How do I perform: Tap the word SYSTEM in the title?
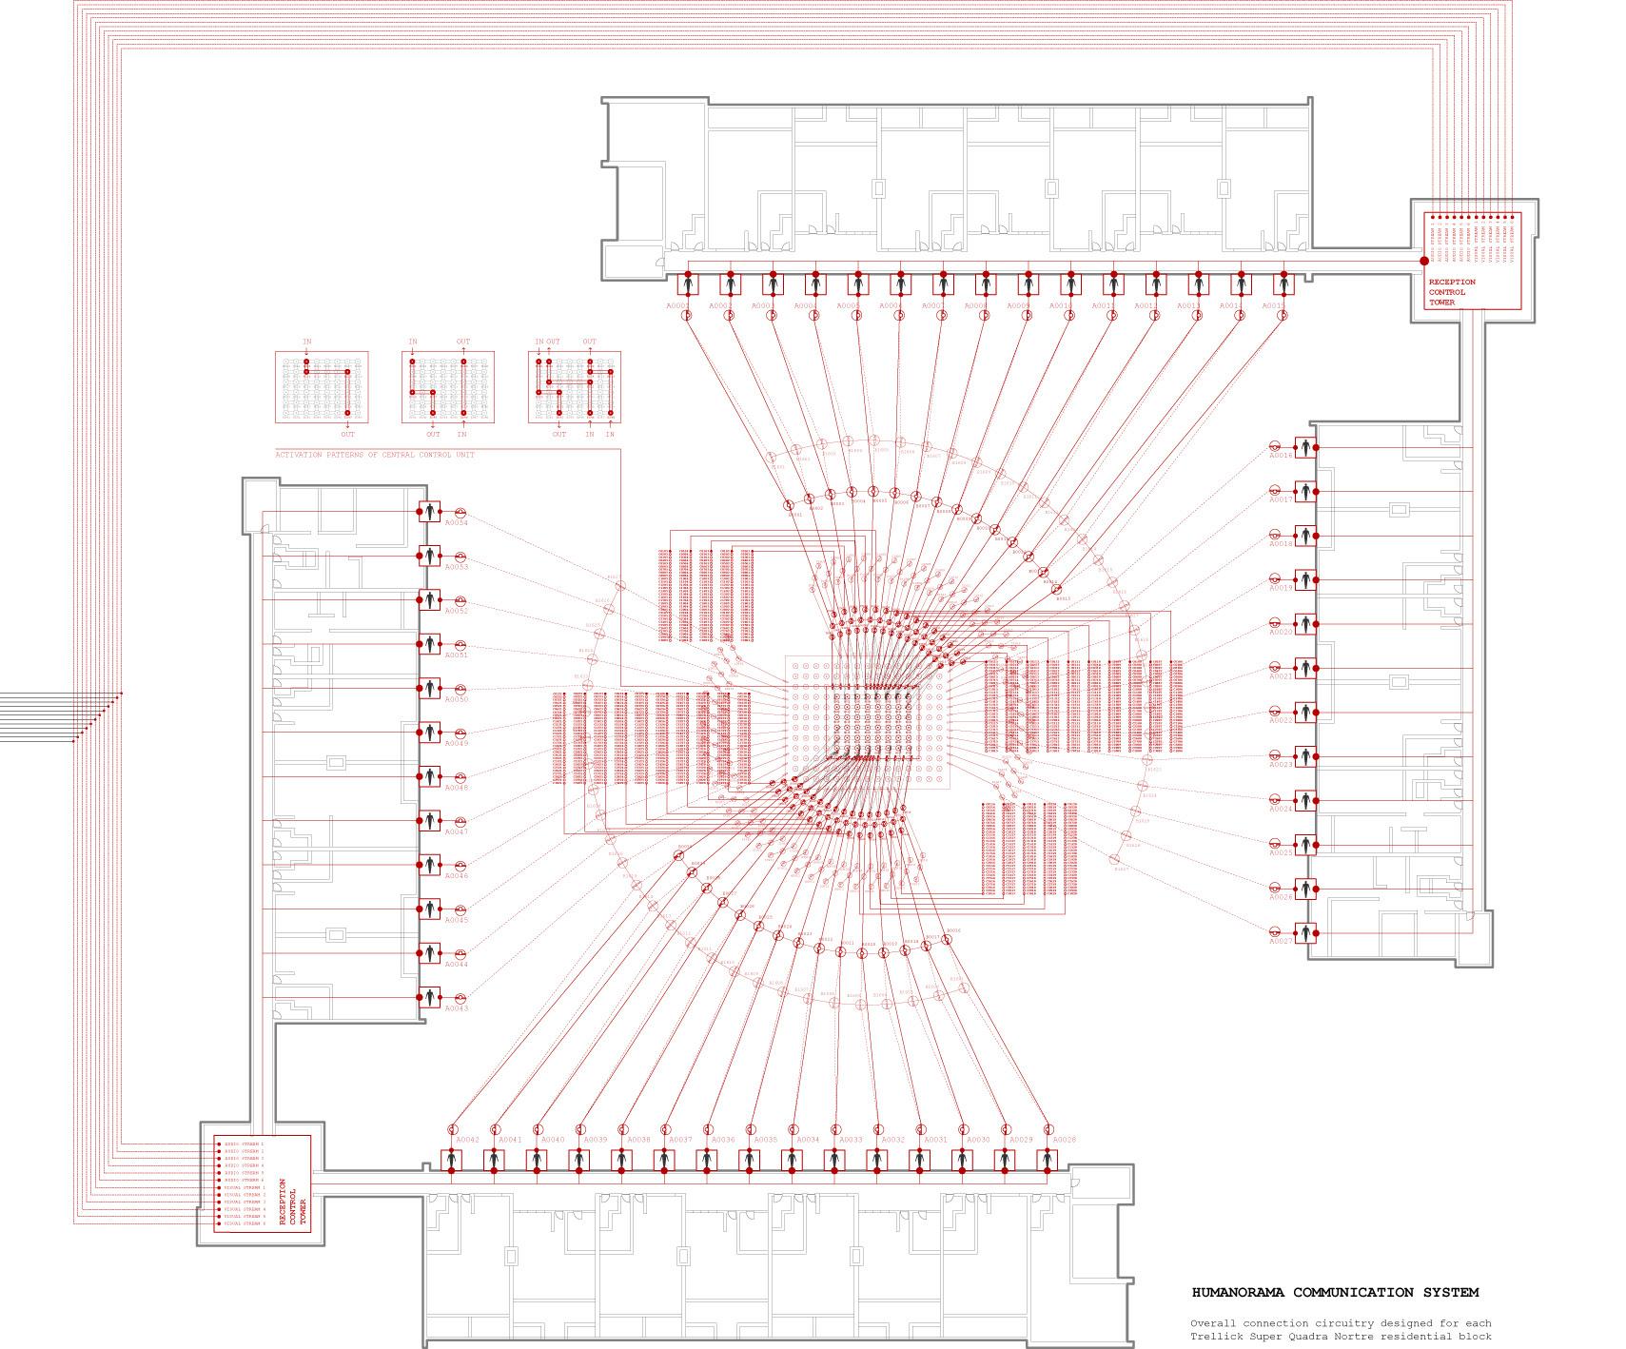pyautogui.click(x=1451, y=1292)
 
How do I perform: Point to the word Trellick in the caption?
pyautogui.click(x=1214, y=1336)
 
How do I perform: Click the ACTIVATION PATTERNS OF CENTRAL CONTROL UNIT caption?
pyautogui.click(x=375, y=455)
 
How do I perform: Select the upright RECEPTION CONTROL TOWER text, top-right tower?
pyautogui.click(x=1452, y=292)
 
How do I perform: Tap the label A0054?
pyautogui.click(x=457, y=523)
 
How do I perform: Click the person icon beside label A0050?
pyautogui.click(x=430, y=688)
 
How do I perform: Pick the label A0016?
pyautogui.click(x=1281, y=456)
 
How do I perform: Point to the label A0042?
pyautogui.click(x=467, y=1140)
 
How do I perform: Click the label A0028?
pyautogui.click(x=1065, y=1140)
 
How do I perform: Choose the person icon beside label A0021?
pyautogui.click(x=1307, y=668)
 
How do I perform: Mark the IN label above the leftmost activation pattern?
pyautogui.click(x=306, y=342)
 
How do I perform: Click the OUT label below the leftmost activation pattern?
pyautogui.click(x=348, y=434)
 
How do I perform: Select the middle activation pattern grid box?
pyautogui.click(x=447, y=387)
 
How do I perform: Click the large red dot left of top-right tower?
pyautogui.click(x=1424, y=261)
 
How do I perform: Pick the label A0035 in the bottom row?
pyautogui.click(x=765, y=1140)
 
